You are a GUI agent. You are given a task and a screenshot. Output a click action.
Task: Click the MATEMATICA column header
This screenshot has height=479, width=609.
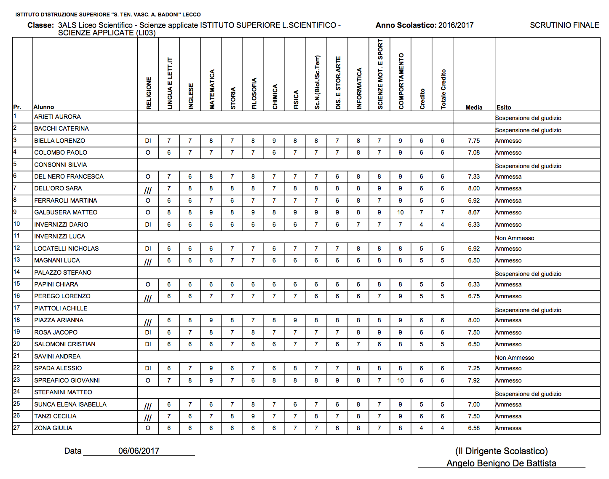pos(212,89)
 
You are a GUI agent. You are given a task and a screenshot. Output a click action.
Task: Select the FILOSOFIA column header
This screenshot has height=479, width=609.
pos(254,94)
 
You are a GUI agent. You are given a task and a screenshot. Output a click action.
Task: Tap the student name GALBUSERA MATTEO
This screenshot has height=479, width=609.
pos(66,212)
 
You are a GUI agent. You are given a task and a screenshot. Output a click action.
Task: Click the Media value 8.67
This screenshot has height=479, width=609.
pos(474,212)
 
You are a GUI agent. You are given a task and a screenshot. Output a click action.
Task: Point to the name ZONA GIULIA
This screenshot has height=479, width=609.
pos(53,428)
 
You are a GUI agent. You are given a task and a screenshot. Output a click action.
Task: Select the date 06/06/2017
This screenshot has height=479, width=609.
pos(139,451)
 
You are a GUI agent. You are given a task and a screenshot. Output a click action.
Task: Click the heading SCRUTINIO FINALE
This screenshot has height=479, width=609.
pos(564,25)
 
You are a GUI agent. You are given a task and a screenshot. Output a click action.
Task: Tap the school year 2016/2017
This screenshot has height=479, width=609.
pos(456,25)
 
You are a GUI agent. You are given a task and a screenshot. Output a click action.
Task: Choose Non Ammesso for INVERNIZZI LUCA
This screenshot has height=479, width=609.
pos(515,238)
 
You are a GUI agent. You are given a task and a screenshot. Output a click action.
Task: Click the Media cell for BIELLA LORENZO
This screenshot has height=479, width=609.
pos(474,141)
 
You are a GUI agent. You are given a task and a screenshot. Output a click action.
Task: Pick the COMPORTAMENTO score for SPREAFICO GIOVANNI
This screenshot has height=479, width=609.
pos(400,380)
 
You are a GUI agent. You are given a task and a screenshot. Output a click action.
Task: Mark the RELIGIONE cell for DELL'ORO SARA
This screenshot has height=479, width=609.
pos(148,190)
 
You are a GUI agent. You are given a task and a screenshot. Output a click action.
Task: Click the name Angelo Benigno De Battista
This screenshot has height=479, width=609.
pos(501,463)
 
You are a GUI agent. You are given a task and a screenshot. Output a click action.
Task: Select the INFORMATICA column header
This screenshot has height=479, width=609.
pos(359,88)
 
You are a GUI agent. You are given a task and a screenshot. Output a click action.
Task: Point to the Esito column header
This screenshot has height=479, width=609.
pos(504,107)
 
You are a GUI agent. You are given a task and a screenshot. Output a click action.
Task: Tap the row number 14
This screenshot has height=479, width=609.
pos(17,272)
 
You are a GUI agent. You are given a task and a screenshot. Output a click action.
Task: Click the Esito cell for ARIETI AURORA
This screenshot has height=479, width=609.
pos(528,118)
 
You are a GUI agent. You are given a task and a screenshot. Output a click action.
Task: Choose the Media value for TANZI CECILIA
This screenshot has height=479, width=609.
pos(474,416)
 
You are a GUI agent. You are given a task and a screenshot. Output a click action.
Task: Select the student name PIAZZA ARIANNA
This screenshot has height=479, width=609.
pos(59,320)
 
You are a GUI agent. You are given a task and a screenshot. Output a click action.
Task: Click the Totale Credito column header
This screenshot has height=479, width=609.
pos(443,89)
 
